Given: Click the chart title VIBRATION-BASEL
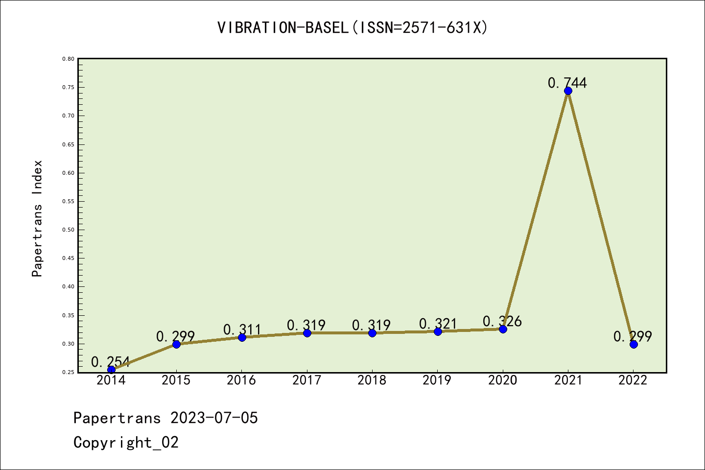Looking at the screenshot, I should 352,28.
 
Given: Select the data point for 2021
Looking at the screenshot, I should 568,91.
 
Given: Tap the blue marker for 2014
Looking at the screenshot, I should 111,370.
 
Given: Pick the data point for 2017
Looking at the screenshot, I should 307,333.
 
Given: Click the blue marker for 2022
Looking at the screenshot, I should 634,344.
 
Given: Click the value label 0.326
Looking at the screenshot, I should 502,321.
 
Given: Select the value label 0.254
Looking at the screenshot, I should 111,362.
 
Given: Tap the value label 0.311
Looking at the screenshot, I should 242,329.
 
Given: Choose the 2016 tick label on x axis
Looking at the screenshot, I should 241,380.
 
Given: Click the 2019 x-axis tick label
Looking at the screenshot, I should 437,380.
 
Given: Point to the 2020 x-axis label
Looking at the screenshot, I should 502,380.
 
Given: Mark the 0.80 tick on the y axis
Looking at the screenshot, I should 68,59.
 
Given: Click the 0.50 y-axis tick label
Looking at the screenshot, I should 68,230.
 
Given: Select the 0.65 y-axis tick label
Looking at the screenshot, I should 68,144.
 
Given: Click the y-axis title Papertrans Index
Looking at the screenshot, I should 37,218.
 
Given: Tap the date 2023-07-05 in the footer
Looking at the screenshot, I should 214,418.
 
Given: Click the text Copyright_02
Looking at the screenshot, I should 126,443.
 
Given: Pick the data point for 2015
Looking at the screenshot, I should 176,344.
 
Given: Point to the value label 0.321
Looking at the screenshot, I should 438,324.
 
